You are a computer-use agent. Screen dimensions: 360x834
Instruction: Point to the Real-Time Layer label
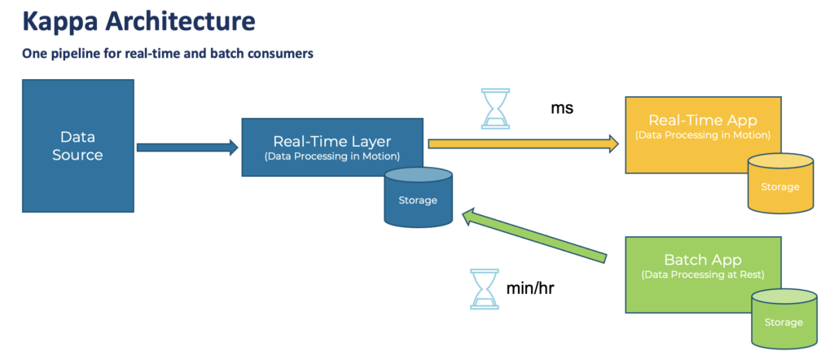332,139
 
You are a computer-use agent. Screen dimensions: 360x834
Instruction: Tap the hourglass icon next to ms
494,108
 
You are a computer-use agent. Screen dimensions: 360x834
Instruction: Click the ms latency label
562,108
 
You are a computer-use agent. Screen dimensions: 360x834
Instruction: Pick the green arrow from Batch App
534,237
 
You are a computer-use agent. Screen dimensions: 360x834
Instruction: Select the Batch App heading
702,260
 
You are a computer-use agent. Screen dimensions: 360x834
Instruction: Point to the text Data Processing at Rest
702,274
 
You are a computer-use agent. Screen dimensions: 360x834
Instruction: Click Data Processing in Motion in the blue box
332,155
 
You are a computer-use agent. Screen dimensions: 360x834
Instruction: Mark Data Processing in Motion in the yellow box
702,135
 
